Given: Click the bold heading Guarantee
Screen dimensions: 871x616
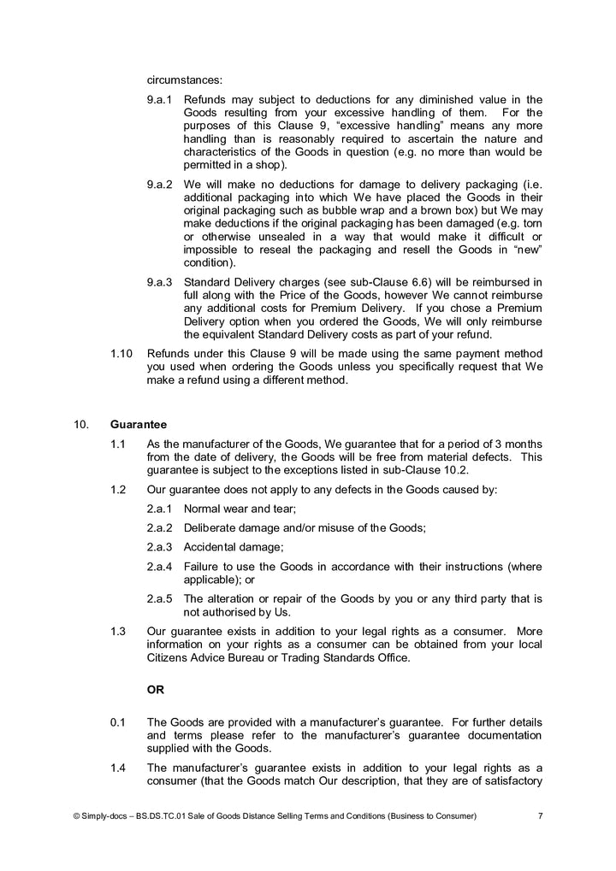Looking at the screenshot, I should point(138,424).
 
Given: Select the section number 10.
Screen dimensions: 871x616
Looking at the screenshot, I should point(80,424).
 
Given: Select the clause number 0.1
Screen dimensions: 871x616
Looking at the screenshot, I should point(118,722).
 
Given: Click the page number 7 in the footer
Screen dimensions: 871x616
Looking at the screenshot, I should point(540,816).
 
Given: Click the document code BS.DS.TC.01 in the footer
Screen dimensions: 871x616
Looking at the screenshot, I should point(166,816).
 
